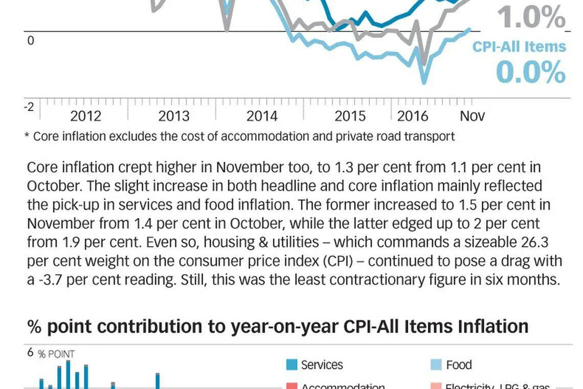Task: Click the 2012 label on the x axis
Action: click(x=85, y=116)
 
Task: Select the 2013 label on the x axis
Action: click(x=174, y=116)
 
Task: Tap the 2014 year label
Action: click(x=262, y=116)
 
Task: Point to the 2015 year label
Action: click(x=350, y=116)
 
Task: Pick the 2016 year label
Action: click(x=413, y=116)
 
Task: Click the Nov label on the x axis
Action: click(x=472, y=116)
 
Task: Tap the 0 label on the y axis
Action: click(x=30, y=41)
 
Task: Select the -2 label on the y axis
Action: click(x=29, y=106)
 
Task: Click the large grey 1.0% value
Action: click(x=531, y=18)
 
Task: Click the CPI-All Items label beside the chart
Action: click(x=519, y=47)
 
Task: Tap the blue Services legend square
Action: click(x=292, y=365)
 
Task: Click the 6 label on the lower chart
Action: click(x=30, y=352)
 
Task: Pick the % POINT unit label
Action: click(x=56, y=354)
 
